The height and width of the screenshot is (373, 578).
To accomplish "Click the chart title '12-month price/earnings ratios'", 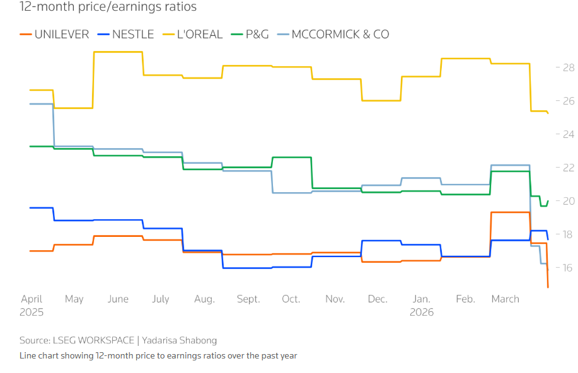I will point(108,8).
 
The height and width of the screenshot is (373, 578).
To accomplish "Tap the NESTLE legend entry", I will point(126,34).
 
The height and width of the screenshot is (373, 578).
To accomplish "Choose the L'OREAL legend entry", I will point(194,34).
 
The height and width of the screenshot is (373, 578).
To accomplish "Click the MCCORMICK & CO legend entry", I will point(333,34).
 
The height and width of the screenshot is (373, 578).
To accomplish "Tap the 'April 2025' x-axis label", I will point(32,305).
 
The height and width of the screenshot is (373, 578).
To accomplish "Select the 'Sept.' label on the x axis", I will point(248,299).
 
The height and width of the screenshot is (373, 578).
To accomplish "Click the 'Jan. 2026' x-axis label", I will point(422,305).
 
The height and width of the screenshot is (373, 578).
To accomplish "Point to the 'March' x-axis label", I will point(505,299).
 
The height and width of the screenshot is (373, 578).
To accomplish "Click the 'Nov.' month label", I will point(335,299).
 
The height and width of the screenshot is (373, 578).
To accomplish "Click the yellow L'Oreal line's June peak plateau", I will point(118,52).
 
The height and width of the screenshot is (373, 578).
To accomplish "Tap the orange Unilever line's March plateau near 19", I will point(510,212).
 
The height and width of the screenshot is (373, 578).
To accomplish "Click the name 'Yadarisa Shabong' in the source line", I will point(180,340).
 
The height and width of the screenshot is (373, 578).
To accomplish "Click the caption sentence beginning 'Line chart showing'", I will point(158,356).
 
